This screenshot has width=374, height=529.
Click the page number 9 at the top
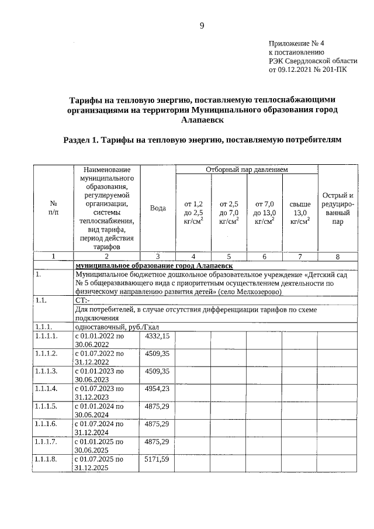tap(202, 25)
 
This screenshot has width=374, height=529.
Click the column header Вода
tap(158, 208)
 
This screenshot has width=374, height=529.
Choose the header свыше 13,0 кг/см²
tap(300, 213)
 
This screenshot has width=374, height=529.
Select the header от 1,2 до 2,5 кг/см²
tap(193, 213)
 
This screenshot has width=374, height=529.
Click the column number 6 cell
tap(265, 256)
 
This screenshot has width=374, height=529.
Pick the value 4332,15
tap(157, 336)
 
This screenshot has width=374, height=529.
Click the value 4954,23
tap(157, 389)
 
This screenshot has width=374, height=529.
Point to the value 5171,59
tap(157, 459)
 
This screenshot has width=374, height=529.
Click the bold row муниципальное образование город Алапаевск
tap(154, 265)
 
